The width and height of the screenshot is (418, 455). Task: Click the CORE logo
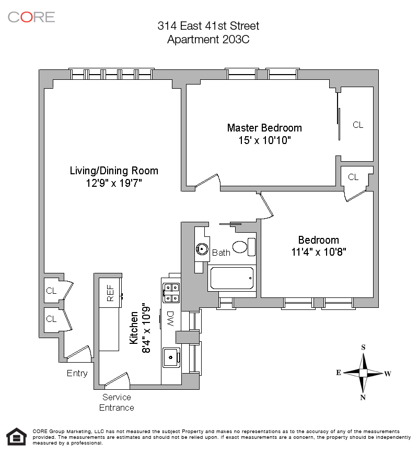point(31,17)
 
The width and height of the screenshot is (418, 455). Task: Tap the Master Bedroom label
point(264,128)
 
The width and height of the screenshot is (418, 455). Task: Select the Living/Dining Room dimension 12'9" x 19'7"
point(114,183)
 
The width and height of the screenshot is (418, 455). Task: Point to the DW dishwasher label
point(170,318)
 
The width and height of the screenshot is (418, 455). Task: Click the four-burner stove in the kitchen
point(171,292)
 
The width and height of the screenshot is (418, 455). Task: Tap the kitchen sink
point(171,357)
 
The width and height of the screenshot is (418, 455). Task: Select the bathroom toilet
point(243,246)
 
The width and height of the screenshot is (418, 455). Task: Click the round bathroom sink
point(202,249)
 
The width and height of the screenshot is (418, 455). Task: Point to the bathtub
point(232,279)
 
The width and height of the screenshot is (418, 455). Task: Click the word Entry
point(77,374)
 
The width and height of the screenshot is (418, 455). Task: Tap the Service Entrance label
point(117,402)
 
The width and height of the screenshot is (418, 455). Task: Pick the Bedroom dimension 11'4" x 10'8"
point(319,252)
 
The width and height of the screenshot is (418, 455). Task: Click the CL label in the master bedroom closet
point(358,125)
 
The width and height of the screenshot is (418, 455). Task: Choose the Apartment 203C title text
point(208,40)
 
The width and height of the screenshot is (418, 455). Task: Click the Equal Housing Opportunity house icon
point(16,436)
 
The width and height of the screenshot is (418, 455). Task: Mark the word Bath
point(221,253)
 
